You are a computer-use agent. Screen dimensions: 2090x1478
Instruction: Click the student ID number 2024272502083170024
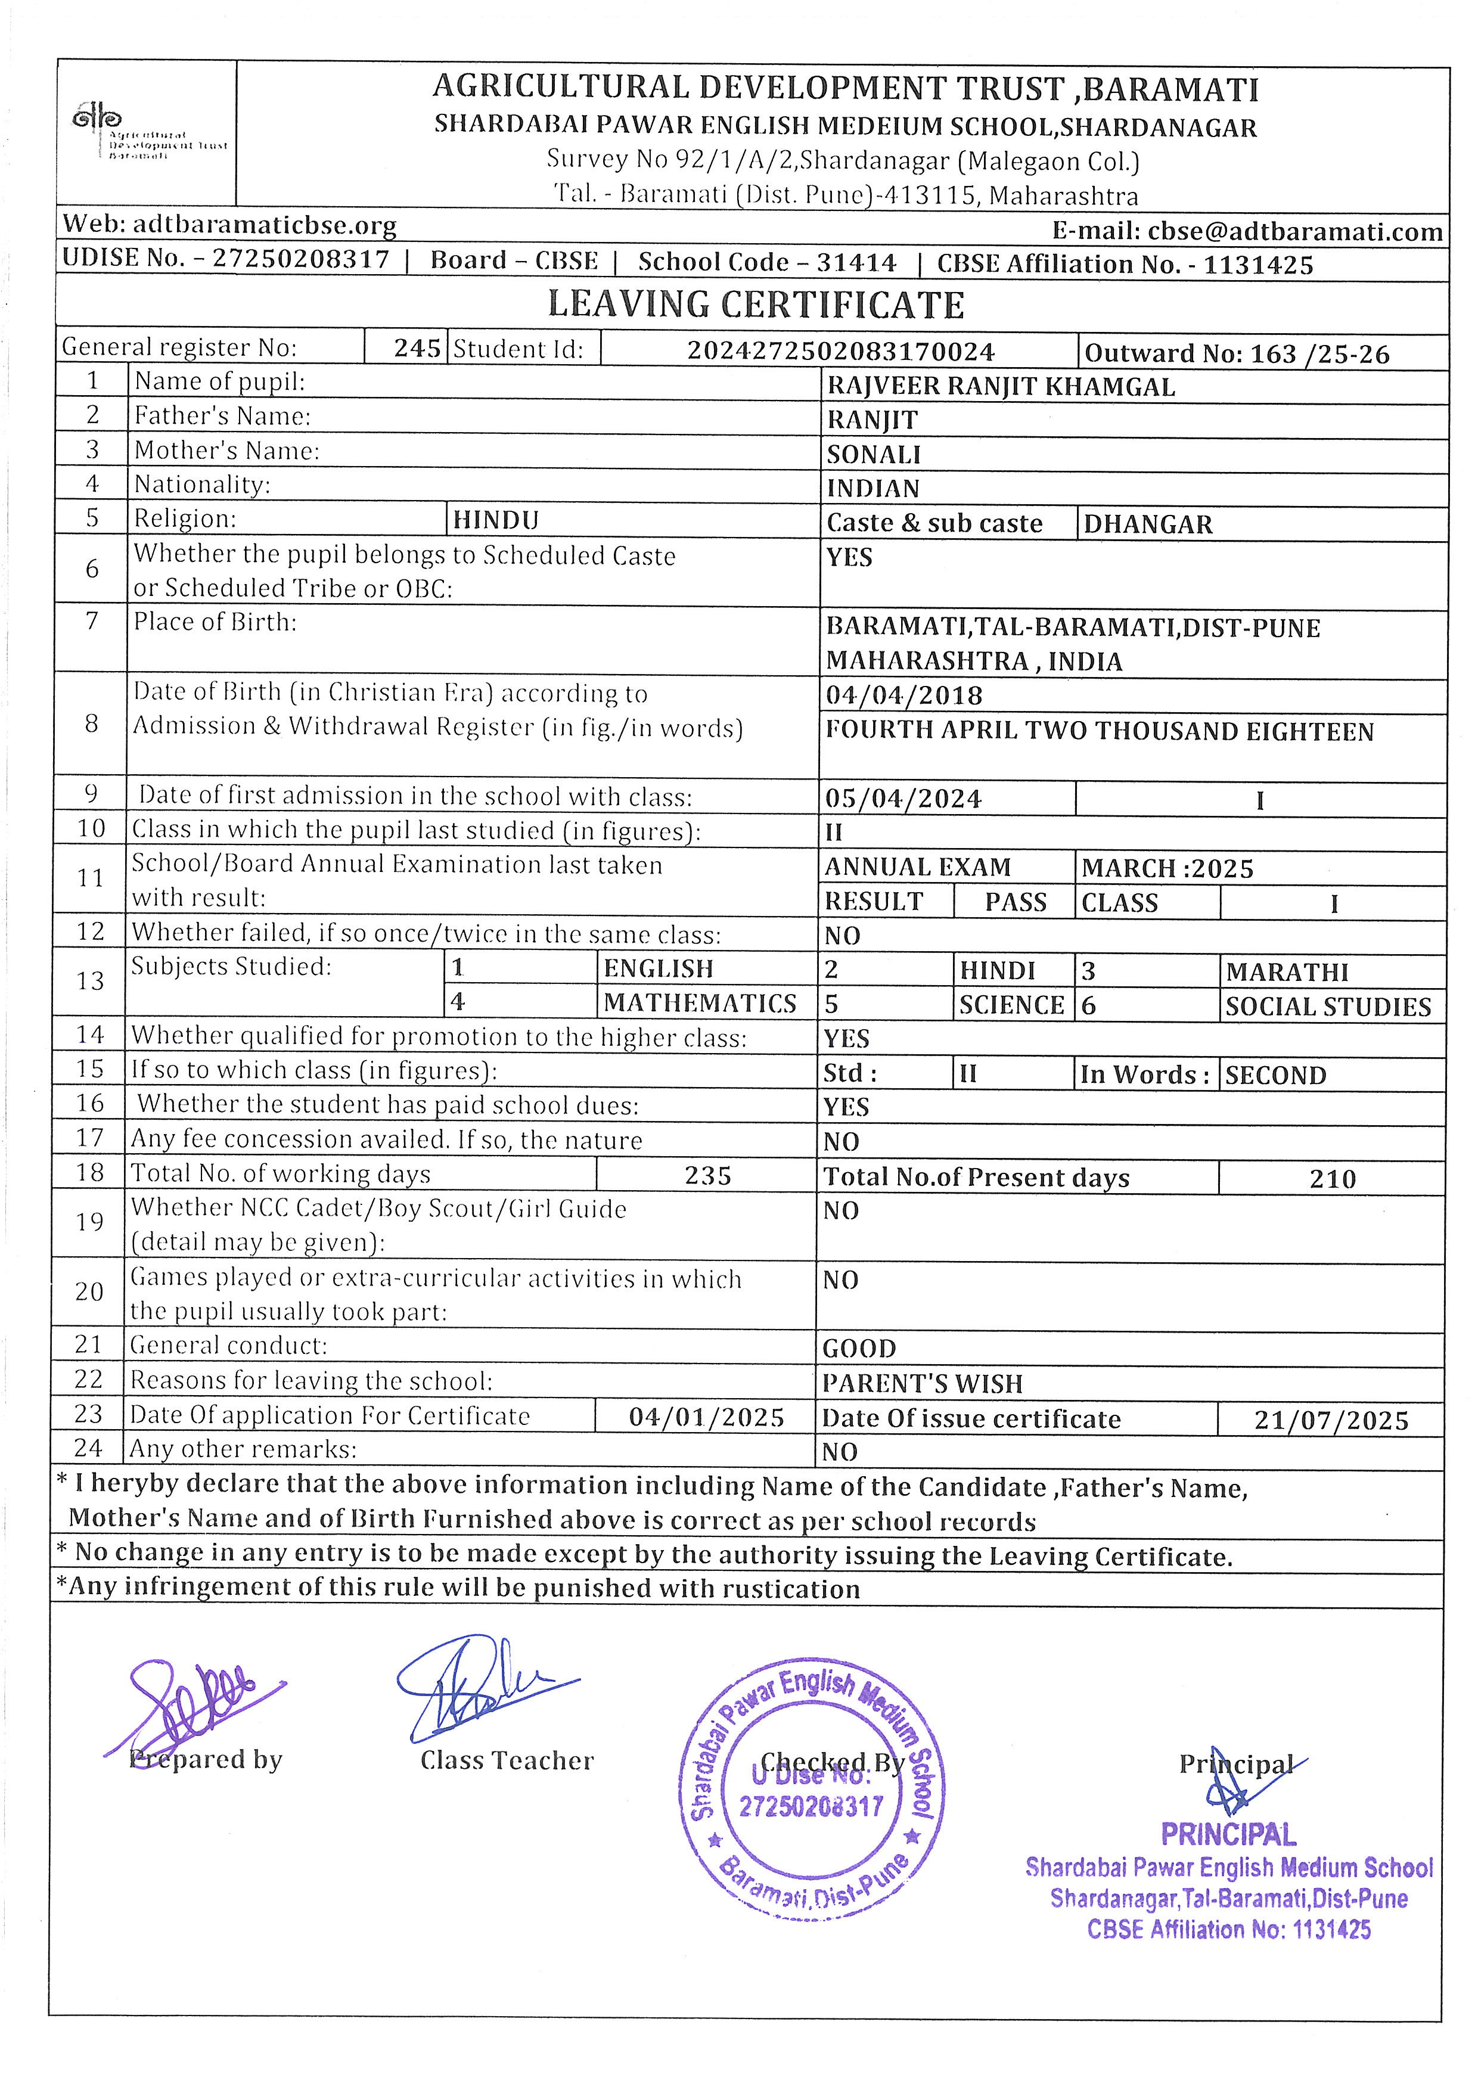click(840, 352)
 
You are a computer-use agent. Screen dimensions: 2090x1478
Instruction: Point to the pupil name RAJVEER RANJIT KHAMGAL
click(1000, 387)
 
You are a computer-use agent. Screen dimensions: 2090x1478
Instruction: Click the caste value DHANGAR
click(1148, 525)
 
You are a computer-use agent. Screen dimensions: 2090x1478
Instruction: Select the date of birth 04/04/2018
click(903, 696)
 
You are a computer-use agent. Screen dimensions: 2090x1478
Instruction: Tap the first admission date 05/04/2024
click(903, 799)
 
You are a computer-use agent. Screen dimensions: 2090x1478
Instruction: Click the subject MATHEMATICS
click(700, 1003)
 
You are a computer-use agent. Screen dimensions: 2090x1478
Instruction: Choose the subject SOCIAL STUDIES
click(1328, 1007)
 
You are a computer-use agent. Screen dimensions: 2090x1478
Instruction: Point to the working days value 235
click(708, 1176)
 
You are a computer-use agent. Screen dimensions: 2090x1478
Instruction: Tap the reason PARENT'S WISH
click(922, 1384)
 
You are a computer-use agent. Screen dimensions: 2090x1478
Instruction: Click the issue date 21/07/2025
click(1331, 1421)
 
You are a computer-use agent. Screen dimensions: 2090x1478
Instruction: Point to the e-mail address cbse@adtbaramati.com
click(1294, 232)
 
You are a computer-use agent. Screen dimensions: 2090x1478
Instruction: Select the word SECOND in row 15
click(1275, 1076)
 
